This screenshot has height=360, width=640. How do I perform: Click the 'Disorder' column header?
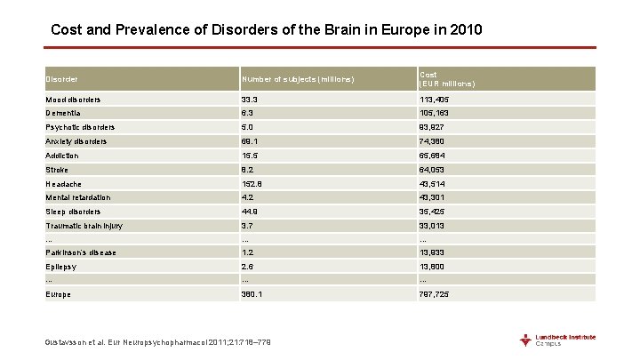coord(61,79)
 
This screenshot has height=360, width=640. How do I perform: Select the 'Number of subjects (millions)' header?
coord(298,79)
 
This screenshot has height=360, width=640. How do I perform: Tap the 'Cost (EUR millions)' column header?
coord(446,79)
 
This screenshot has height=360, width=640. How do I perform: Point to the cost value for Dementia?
coord(436,114)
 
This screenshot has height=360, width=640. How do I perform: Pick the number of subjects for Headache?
coord(253,183)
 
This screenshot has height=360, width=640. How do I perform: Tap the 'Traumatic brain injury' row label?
coord(84,226)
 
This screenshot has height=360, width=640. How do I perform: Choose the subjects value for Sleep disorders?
coord(251,212)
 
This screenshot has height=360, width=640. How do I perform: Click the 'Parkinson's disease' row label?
coord(81,252)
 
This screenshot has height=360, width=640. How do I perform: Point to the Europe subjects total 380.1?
coord(253,294)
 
